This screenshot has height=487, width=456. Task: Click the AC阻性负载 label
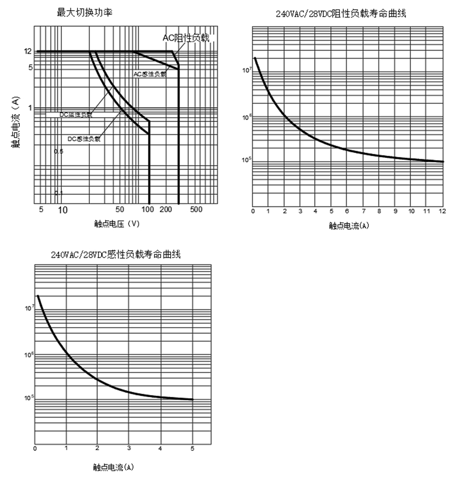point(185,38)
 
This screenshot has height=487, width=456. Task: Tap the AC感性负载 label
point(150,74)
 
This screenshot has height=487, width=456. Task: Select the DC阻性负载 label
point(76,115)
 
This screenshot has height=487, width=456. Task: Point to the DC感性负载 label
point(84,138)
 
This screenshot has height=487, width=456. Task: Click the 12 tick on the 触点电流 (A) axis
point(27,51)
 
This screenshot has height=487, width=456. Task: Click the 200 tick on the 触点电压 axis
point(166,210)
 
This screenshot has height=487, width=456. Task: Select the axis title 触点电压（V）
point(117,224)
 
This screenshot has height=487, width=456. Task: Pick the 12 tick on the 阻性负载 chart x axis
point(442,211)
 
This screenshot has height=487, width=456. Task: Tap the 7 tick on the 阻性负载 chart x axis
point(363,211)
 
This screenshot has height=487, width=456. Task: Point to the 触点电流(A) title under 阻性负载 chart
point(349,226)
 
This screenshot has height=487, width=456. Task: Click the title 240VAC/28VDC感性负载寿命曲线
point(116,255)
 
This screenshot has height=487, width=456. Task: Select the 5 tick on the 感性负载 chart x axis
point(192,448)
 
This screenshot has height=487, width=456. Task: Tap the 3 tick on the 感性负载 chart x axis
point(129,448)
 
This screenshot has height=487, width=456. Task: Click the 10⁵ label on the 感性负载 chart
point(28,397)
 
